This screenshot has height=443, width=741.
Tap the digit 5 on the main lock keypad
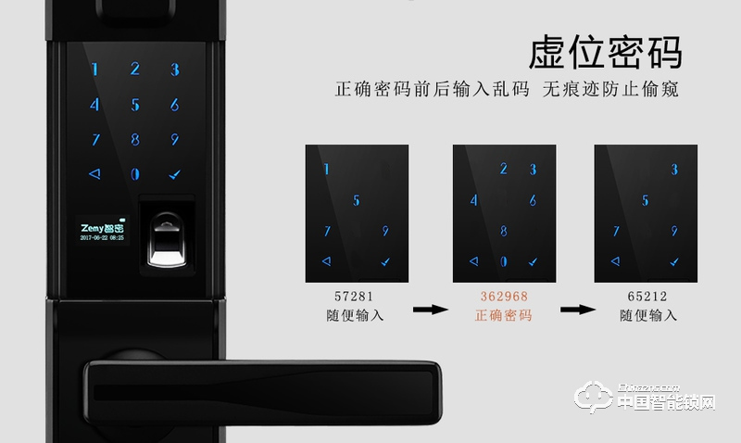click(135, 105)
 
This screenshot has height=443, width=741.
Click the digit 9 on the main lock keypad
click(174, 140)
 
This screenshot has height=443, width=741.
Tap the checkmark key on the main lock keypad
click(174, 174)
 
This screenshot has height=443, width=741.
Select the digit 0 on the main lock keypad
click(135, 174)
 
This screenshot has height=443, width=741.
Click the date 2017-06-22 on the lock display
click(89, 238)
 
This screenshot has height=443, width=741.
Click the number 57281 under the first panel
click(357, 297)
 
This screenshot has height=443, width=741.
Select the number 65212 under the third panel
click(647, 297)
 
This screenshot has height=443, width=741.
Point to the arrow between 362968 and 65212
click(573, 309)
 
